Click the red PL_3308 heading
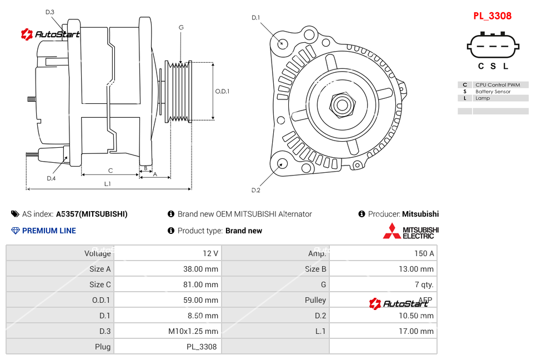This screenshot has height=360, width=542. [x=492, y=16]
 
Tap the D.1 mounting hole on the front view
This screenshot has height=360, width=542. [x=283, y=43]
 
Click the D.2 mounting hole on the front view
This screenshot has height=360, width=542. [x=282, y=163]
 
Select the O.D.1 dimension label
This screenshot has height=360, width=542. [x=222, y=91]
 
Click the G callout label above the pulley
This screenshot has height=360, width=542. [x=181, y=27]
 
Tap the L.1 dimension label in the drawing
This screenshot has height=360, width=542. [x=108, y=183]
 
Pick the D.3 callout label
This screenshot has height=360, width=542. [x=50, y=12]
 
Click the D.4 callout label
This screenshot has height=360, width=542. [x=51, y=178]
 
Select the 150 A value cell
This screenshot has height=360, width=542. [x=424, y=253]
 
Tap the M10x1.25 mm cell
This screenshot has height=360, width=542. [x=193, y=331]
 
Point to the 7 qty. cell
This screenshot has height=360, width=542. [x=424, y=284]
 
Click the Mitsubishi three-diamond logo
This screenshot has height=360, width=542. [x=392, y=231]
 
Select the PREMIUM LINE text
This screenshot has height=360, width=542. [x=49, y=231]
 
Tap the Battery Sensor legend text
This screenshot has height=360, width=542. [x=493, y=92]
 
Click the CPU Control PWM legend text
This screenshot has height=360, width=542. [x=497, y=85]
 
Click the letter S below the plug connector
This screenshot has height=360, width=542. [x=493, y=66]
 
